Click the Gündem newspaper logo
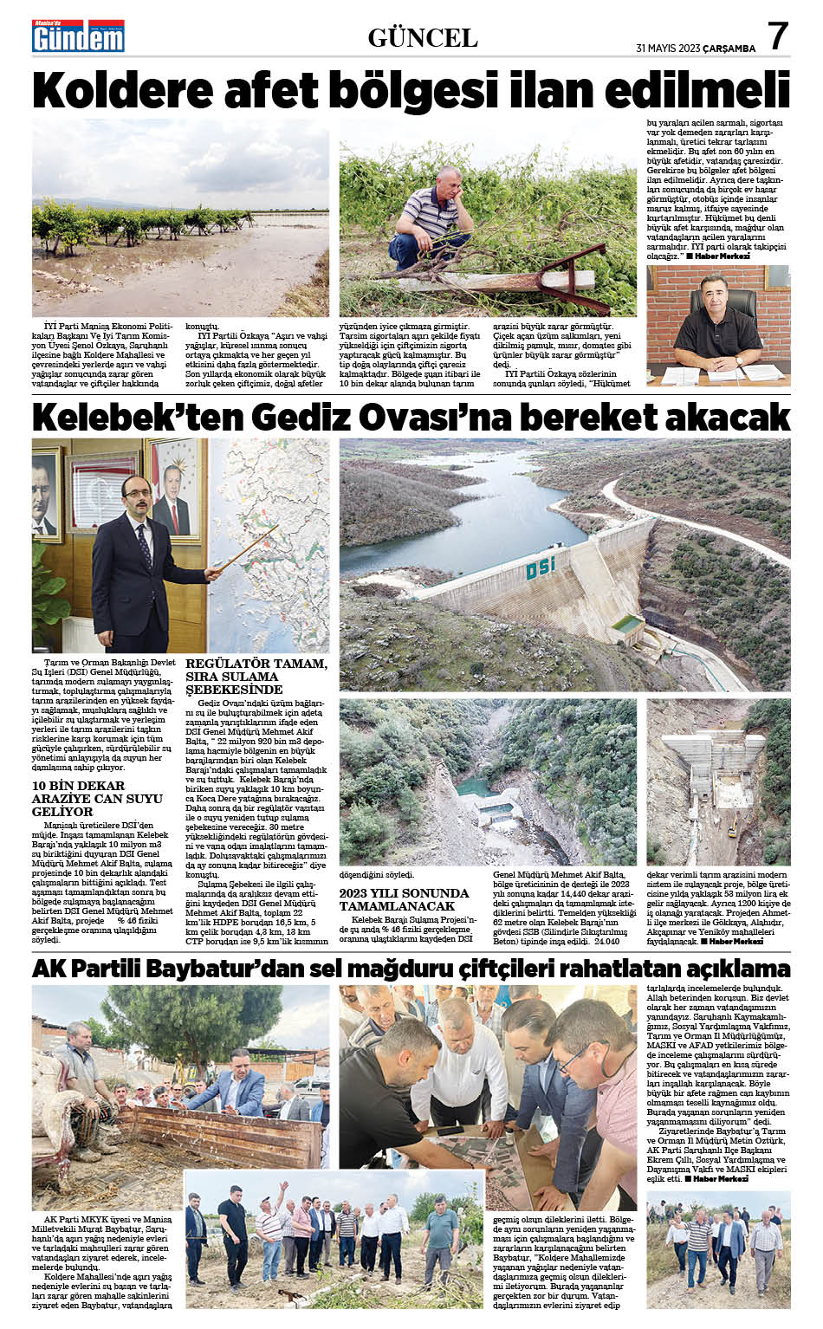[79, 36]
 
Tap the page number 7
[778, 36]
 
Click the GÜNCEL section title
[423, 37]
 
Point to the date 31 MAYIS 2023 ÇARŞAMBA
[695, 49]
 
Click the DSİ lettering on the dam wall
[541, 569]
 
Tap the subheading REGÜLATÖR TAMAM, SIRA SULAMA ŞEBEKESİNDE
[256, 676]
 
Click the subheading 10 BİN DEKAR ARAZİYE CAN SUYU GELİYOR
[97, 798]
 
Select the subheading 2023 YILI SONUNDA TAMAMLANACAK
[404, 898]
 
